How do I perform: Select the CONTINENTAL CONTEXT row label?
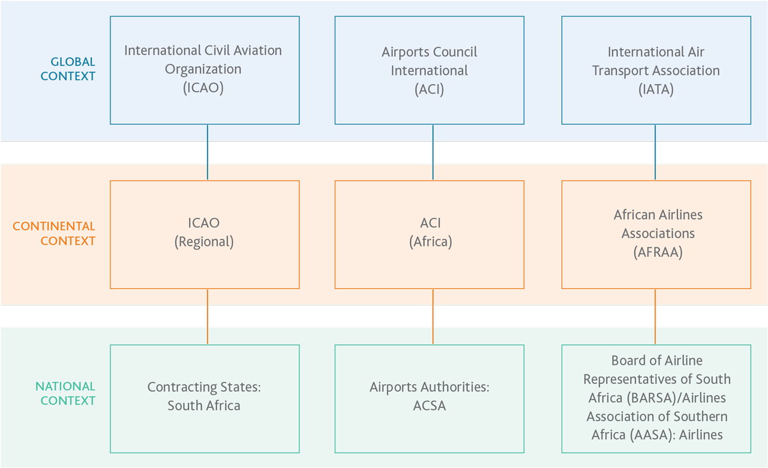[x=54, y=234]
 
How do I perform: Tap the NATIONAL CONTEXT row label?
[x=65, y=394]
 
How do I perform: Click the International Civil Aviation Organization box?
[x=205, y=70]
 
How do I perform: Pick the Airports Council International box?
[x=429, y=70]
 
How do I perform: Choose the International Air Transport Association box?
[x=656, y=70]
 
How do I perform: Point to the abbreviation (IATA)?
[x=656, y=89]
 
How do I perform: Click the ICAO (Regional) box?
[x=205, y=234]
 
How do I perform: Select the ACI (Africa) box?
[x=429, y=234]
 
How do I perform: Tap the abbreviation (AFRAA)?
[x=658, y=253]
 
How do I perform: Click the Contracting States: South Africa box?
[x=205, y=397]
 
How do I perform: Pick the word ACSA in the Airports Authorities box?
[x=430, y=406]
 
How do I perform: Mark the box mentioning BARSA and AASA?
[x=656, y=398]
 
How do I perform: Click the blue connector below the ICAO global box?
[x=208, y=152]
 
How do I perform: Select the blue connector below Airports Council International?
[x=433, y=152]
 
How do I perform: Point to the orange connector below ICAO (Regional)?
[x=208, y=316]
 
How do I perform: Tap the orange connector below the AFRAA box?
[x=655, y=316]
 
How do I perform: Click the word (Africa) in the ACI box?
[x=430, y=242]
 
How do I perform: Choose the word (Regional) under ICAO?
[x=204, y=242]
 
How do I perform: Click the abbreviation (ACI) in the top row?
[x=430, y=89]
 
